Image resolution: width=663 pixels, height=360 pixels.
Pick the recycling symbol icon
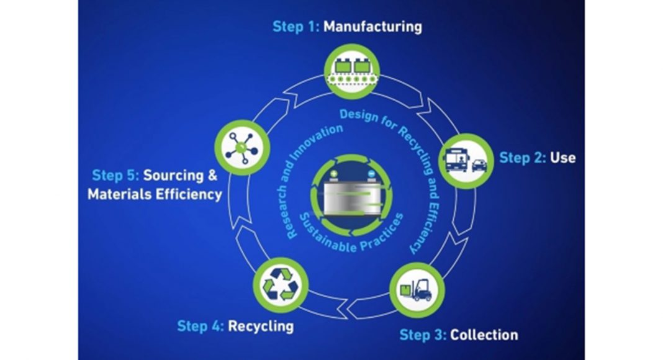pyautogui.click(x=280, y=286)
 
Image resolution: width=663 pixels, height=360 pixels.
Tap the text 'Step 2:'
pyautogui.click(x=522, y=158)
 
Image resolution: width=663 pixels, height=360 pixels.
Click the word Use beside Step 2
pyautogui.click(x=562, y=158)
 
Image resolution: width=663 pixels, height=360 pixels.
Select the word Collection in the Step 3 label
pyautogui.click(x=484, y=335)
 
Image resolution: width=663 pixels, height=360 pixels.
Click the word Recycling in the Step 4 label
pyautogui.click(x=261, y=325)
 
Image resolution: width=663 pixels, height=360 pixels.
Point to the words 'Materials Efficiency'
pyautogui.click(x=155, y=194)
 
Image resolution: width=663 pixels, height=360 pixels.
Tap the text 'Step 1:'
pyautogui.click(x=295, y=27)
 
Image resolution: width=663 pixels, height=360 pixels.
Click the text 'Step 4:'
pyautogui.click(x=201, y=325)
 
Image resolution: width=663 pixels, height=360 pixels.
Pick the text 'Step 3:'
pyautogui.click(x=422, y=335)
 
